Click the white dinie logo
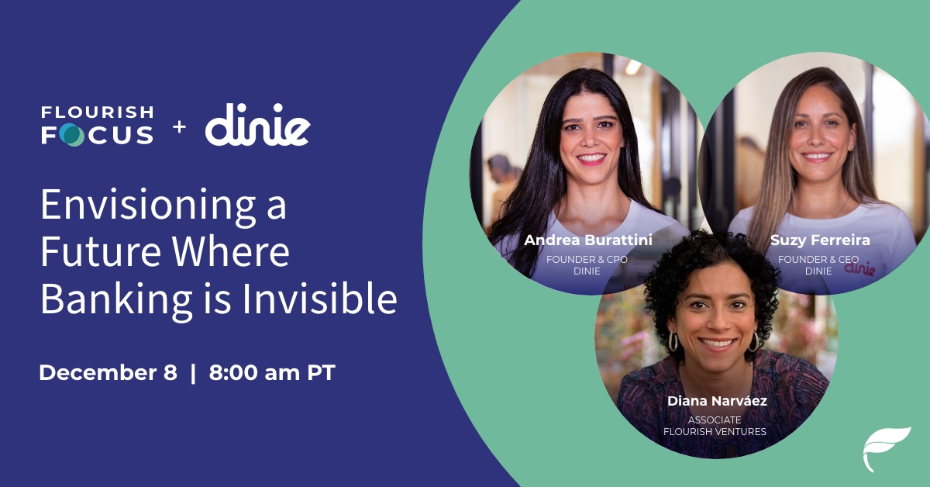click(257, 126)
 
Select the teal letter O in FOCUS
click(71, 136)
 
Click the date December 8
click(108, 372)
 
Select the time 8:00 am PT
click(272, 372)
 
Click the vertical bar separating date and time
click(193, 372)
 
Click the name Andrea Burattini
click(588, 240)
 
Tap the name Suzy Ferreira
click(820, 240)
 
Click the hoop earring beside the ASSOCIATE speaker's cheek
click(673, 341)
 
